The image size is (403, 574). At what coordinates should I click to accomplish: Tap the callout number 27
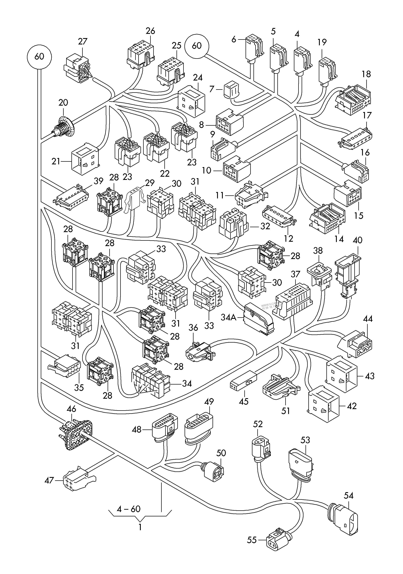point(83,41)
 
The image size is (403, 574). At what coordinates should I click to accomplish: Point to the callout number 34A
point(228,317)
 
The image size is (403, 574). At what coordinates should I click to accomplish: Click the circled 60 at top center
point(197,46)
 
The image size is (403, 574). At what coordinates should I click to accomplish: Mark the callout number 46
point(72,409)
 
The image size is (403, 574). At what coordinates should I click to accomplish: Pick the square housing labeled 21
point(85,157)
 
